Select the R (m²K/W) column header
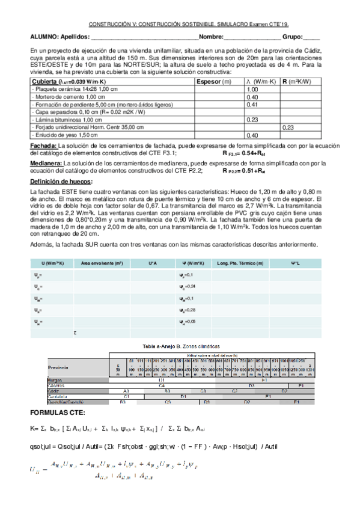click(299, 81)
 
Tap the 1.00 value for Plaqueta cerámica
click(252, 89)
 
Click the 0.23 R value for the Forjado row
click(287, 127)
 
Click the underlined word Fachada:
click(43, 146)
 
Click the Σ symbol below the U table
click(75, 333)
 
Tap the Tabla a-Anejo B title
click(180, 347)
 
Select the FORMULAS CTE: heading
click(58, 412)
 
